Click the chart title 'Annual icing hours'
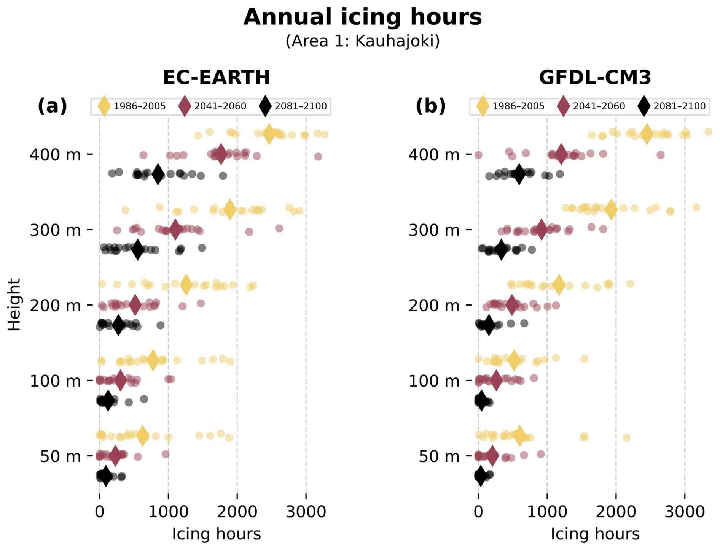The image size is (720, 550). pyautogui.click(x=362, y=17)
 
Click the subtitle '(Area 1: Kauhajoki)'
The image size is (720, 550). pyautogui.click(x=362, y=41)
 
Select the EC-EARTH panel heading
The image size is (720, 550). pyautogui.click(x=216, y=78)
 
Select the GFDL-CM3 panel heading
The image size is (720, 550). pyautogui.click(x=595, y=78)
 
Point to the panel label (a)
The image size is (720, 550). pyautogui.click(x=52, y=106)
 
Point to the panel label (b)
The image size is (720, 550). pyautogui.click(x=430, y=106)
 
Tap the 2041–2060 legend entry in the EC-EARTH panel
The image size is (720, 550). pyautogui.click(x=212, y=106)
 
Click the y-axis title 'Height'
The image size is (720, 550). pyautogui.click(x=14, y=305)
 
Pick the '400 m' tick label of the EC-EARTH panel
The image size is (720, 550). pyautogui.click(x=55, y=155)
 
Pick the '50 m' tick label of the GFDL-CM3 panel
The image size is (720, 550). pyautogui.click(x=439, y=456)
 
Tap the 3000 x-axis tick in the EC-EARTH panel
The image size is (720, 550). pyautogui.click(x=306, y=512)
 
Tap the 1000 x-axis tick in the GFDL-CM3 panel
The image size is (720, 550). pyautogui.click(x=547, y=512)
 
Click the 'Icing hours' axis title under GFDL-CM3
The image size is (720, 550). pyautogui.click(x=595, y=534)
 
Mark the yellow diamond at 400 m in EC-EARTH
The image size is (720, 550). pyautogui.click(x=269, y=134)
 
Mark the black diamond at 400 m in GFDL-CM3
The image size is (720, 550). pyautogui.click(x=519, y=174)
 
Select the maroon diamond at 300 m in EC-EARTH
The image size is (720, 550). pyautogui.click(x=175, y=229)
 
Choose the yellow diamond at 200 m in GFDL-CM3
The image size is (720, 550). pyautogui.click(x=559, y=285)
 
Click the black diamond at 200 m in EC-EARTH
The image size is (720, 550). pyautogui.click(x=118, y=325)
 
